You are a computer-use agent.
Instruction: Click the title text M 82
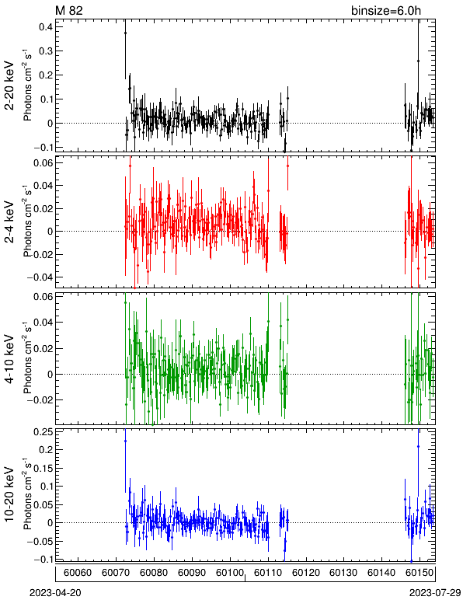[x=69, y=10]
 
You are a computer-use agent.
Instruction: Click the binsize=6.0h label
[x=386, y=10]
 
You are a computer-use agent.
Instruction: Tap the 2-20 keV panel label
[x=9, y=85]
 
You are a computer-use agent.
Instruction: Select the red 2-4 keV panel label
[x=9, y=222]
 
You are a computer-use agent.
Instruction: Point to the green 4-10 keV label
[x=9, y=358]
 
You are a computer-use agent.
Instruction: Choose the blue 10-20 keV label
[x=9, y=494]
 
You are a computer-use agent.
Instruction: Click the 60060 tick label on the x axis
[x=78, y=573]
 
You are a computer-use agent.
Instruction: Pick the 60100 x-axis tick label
[x=230, y=573]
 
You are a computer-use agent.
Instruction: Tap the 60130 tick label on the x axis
[x=343, y=573]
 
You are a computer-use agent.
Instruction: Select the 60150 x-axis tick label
[x=419, y=573]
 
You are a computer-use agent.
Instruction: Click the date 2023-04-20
[x=55, y=592]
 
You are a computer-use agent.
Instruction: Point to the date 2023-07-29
[x=435, y=592]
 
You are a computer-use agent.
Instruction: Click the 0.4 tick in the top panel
[x=46, y=26]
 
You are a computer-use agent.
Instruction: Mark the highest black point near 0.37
[x=125, y=33]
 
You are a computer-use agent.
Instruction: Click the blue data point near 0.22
[x=125, y=441]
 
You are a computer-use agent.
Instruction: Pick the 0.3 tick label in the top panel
[x=46, y=51]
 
